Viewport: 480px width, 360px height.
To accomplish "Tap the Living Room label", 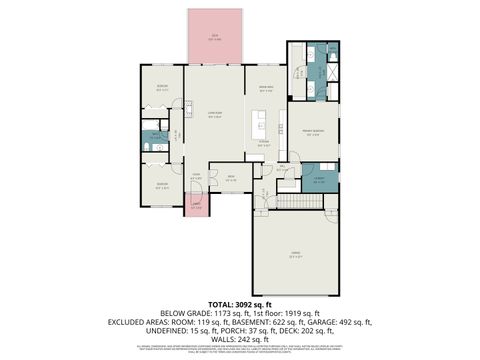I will pyautogui.click(x=212, y=114).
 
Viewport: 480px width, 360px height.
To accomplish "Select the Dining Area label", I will pyautogui.click(x=266, y=89).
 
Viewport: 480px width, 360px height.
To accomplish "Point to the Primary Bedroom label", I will pyautogui.click(x=313, y=132).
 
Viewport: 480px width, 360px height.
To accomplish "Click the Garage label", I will pyautogui.click(x=295, y=253).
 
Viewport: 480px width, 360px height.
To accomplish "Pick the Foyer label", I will pyautogui.click(x=196, y=177).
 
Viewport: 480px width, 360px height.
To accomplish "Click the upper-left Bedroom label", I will pyautogui.click(x=161, y=88).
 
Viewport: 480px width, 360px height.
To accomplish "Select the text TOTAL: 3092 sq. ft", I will pyautogui.click(x=240, y=302).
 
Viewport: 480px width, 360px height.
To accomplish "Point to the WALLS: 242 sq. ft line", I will pyautogui.click(x=240, y=339).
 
